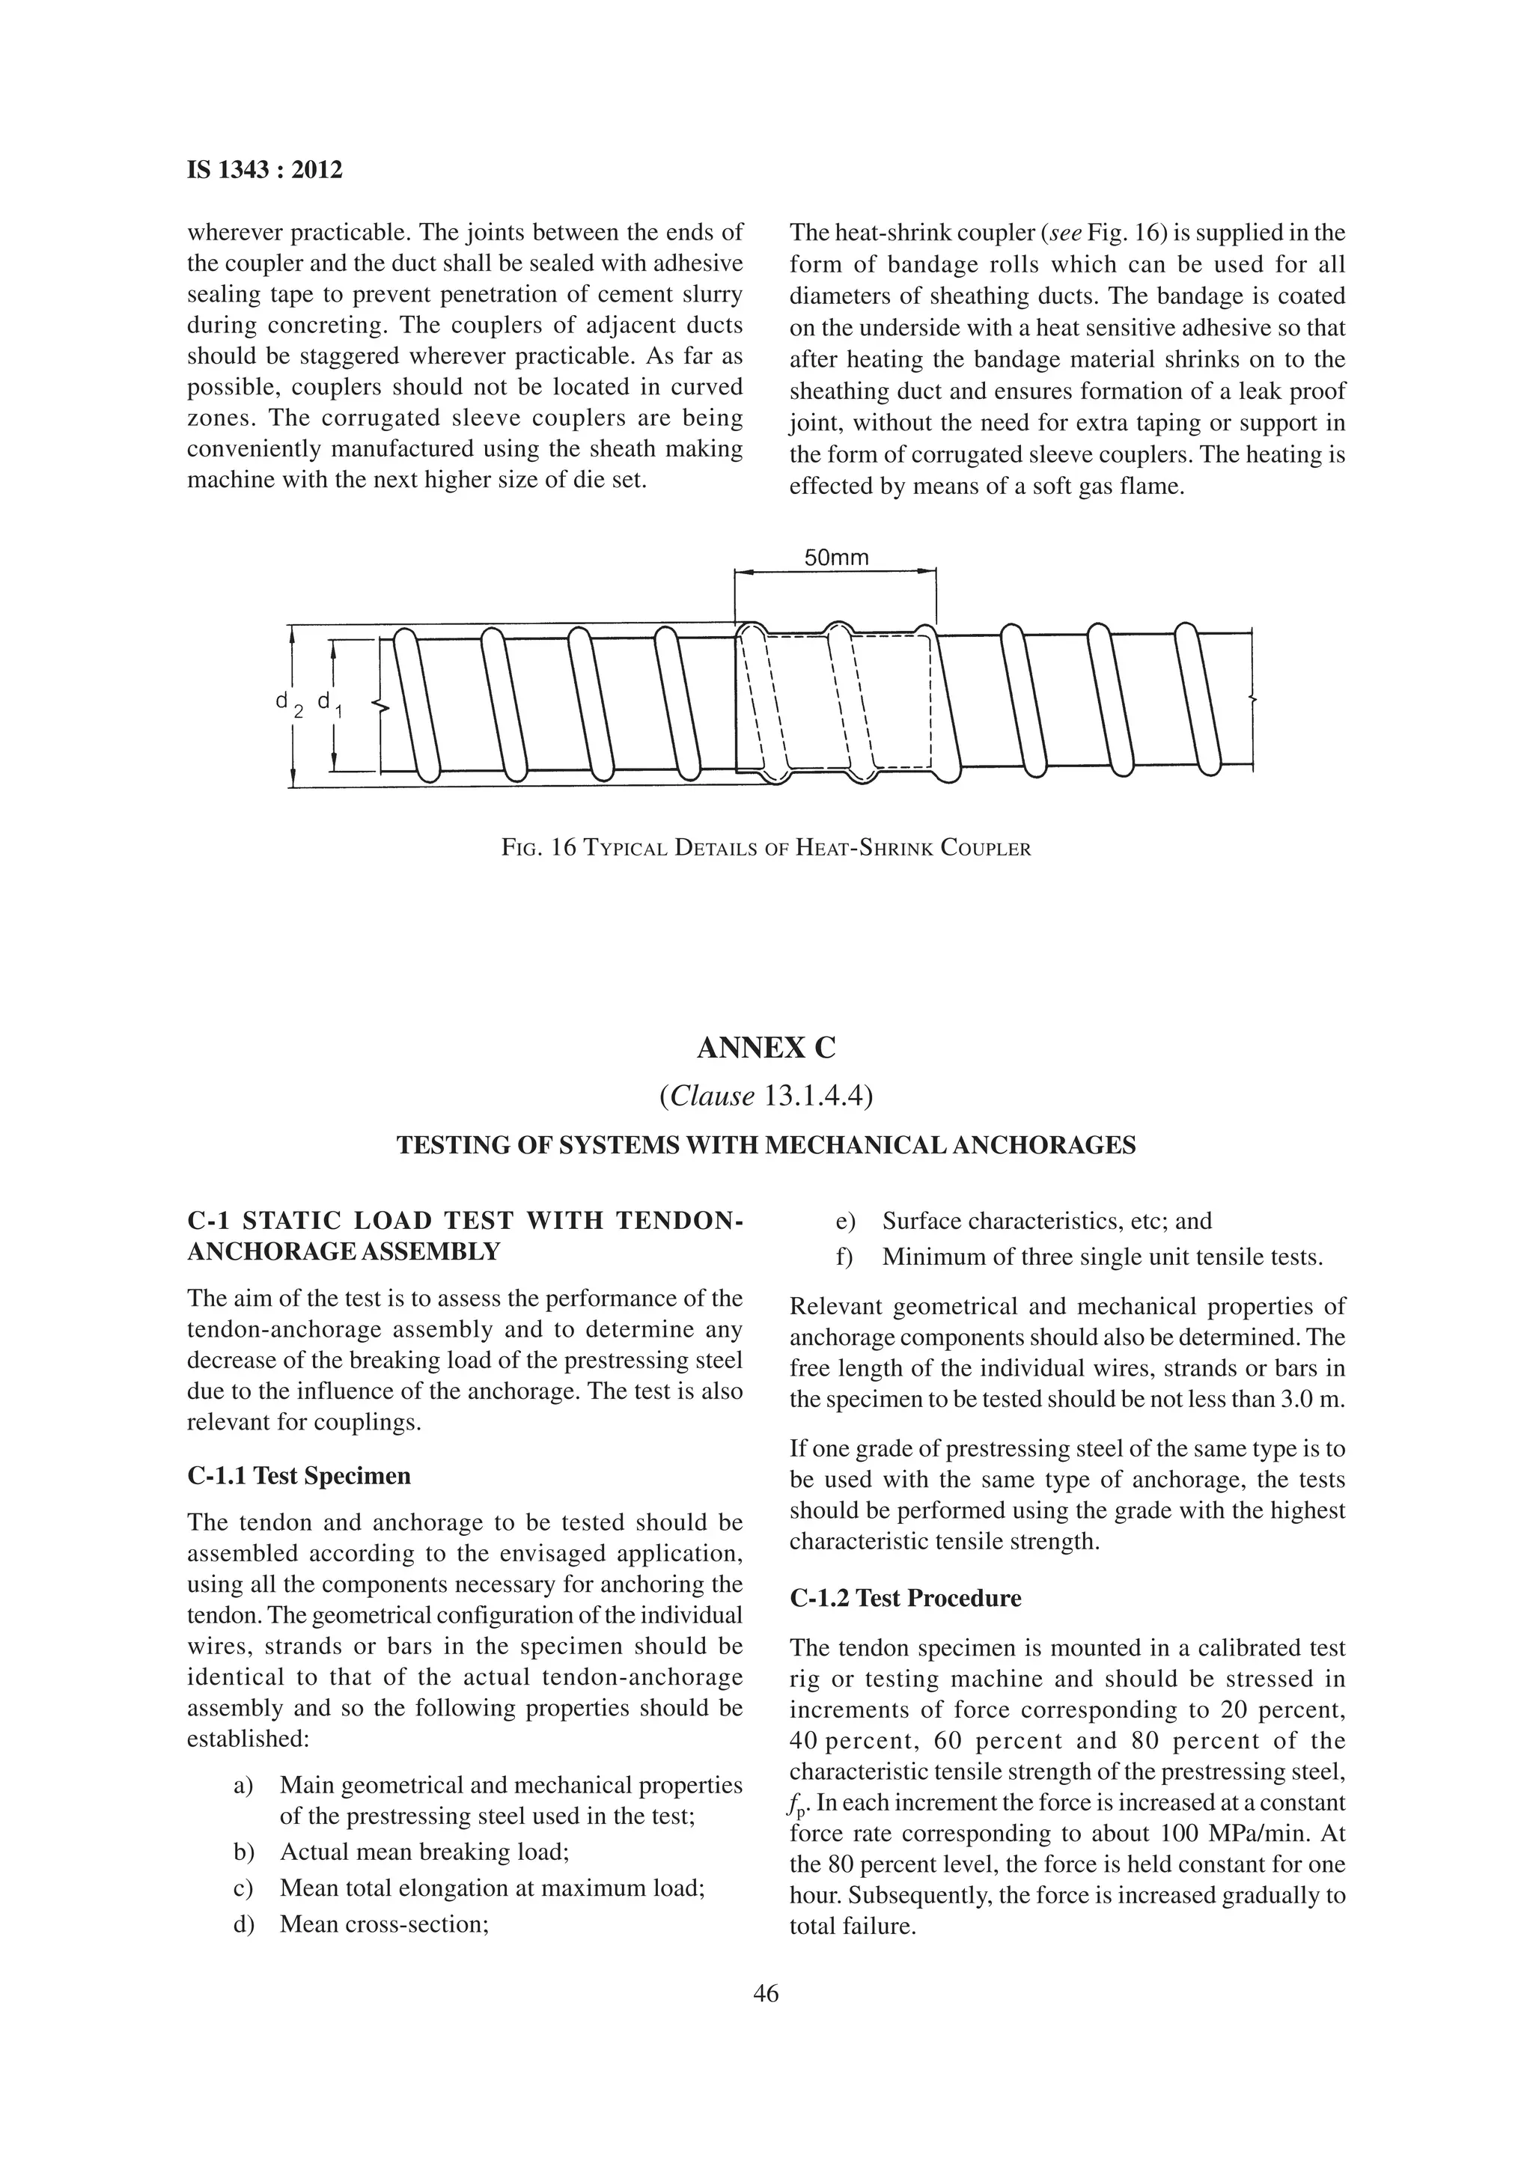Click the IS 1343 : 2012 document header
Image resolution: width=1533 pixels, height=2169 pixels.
pos(264,171)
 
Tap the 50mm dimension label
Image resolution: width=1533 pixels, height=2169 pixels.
pos(836,558)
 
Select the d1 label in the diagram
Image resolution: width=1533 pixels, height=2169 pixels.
pos(329,704)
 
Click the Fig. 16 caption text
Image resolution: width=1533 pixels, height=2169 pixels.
pos(766,847)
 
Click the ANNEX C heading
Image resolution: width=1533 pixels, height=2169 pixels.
pos(766,1048)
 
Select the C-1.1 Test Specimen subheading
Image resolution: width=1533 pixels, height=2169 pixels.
pos(299,1477)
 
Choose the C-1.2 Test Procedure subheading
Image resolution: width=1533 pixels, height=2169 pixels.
pos(906,1599)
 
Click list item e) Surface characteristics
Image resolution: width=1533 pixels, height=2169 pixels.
pos(1046,1221)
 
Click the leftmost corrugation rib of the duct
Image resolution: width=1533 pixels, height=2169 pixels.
pos(416,704)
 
